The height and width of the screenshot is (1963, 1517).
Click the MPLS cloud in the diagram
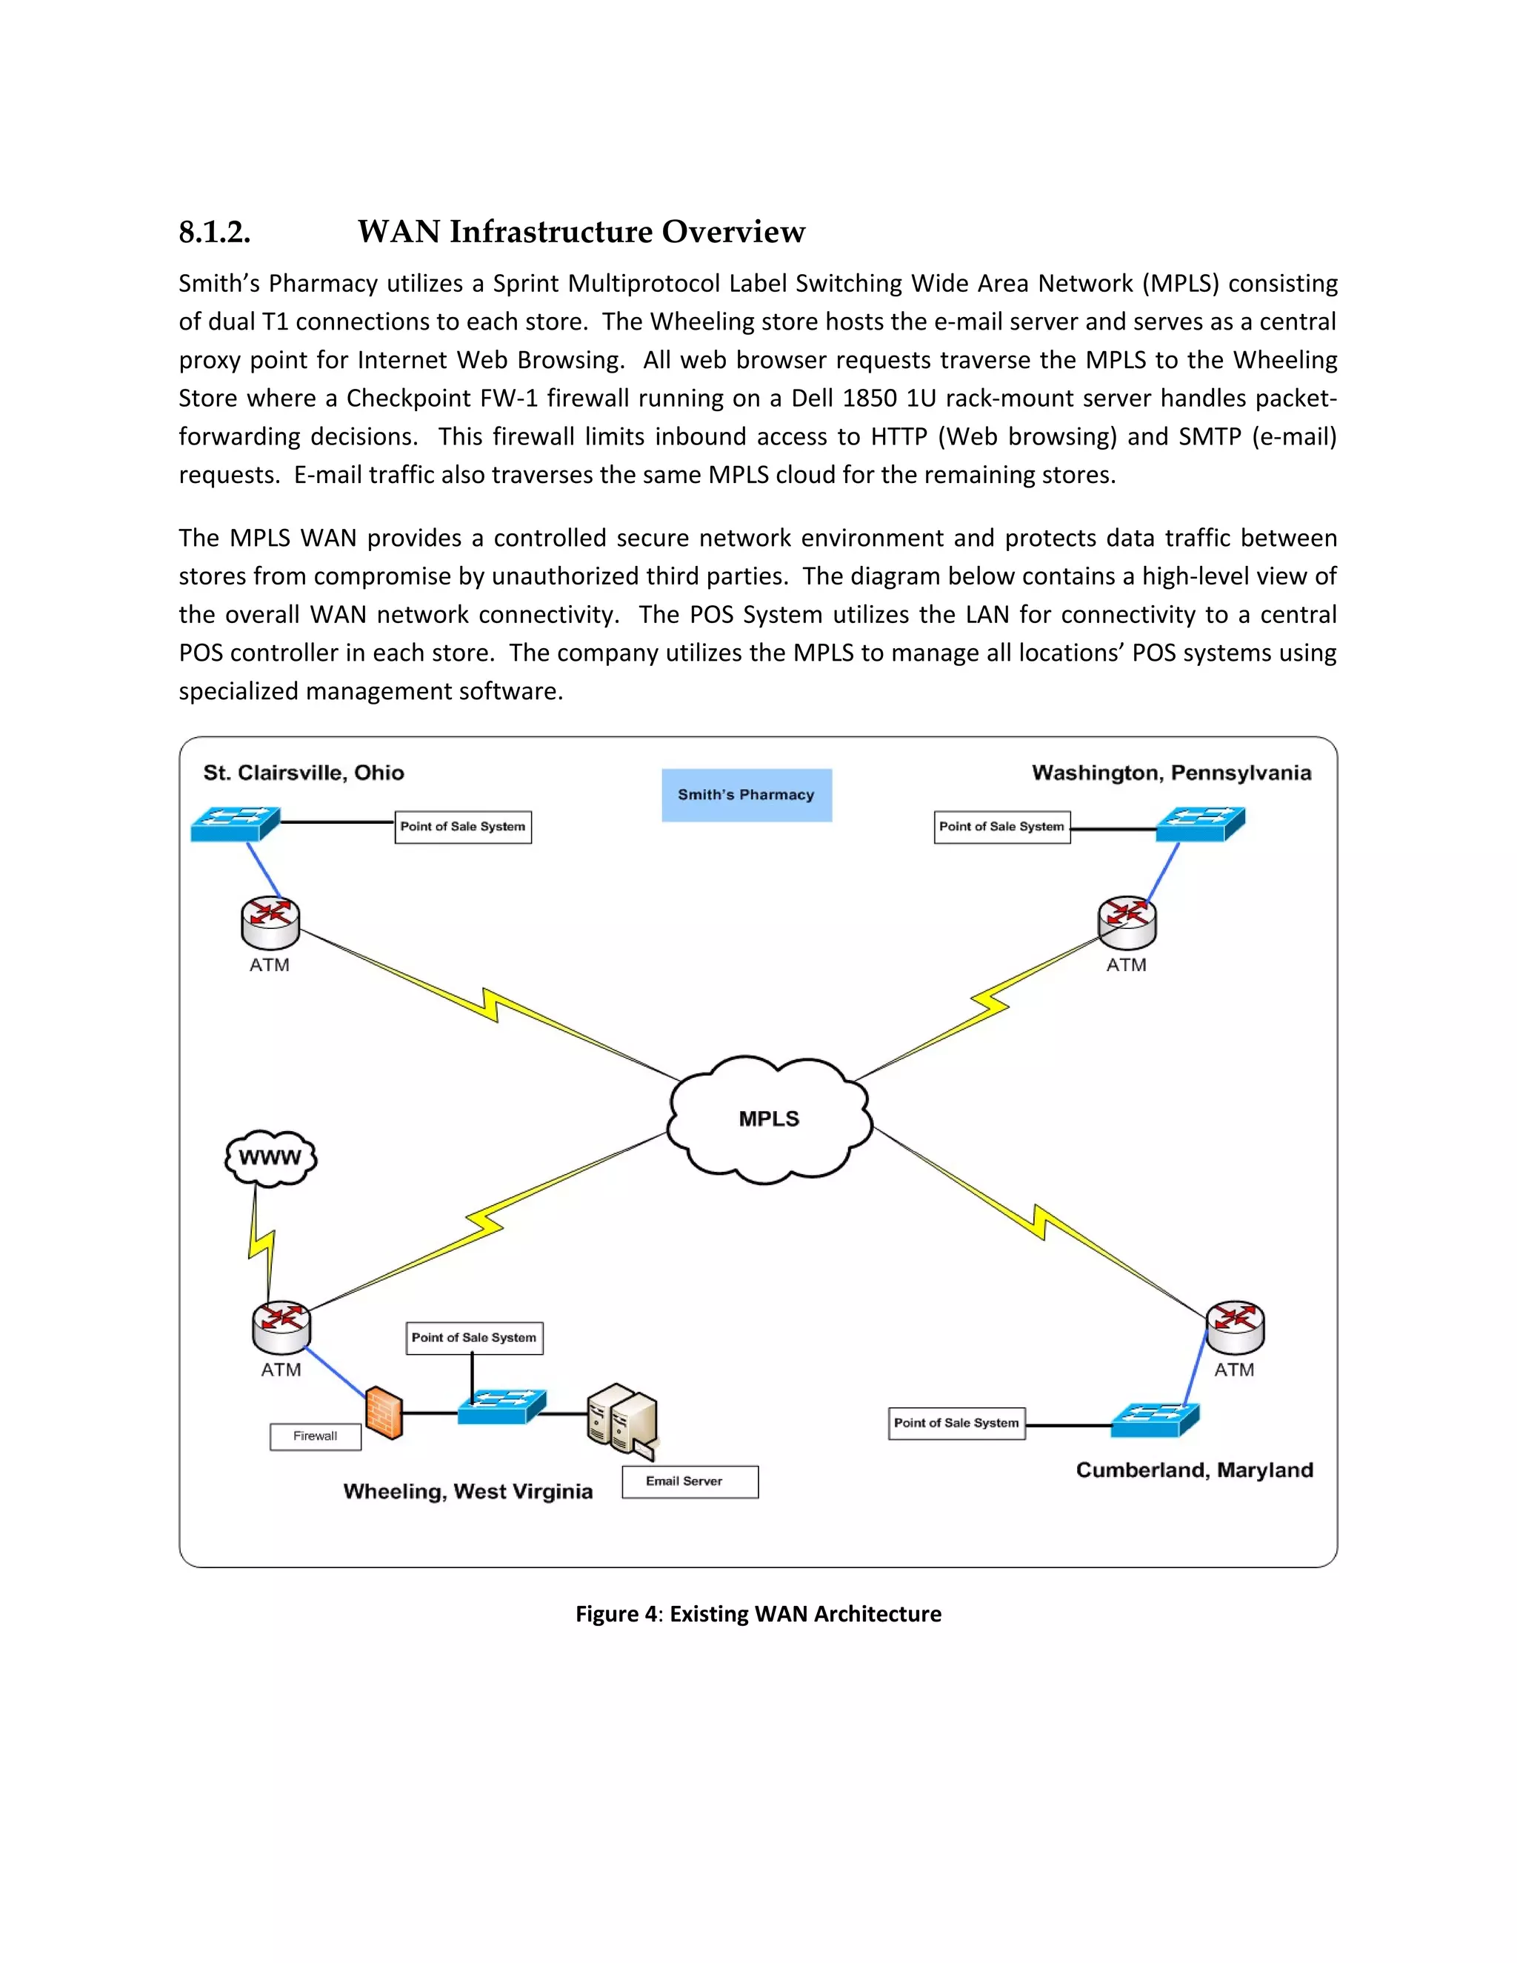pos(770,1119)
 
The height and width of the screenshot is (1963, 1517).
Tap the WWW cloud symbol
pos(270,1158)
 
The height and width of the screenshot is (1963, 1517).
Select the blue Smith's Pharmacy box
pos(746,795)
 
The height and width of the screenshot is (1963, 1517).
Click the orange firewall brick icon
pos(384,1413)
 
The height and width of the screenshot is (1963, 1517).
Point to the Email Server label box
pos(690,1482)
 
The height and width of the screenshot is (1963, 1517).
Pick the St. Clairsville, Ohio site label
pos(303,773)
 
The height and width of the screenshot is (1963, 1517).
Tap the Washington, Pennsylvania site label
pos(1171,773)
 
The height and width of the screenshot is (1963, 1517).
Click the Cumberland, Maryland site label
pos(1194,1470)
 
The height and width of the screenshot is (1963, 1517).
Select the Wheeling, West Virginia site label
pos(467,1491)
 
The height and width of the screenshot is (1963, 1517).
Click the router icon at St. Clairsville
pos(270,923)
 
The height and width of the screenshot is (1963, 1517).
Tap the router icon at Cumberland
pos(1235,1327)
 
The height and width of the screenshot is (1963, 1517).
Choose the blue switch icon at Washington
pos(1200,823)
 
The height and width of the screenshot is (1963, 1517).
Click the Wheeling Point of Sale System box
pos(475,1337)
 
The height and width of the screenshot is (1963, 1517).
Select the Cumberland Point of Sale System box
pos(956,1423)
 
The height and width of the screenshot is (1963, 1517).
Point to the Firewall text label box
pos(316,1436)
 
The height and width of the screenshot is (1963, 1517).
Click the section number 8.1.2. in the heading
pos(214,232)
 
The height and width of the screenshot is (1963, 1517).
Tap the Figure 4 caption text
pos(758,1613)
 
